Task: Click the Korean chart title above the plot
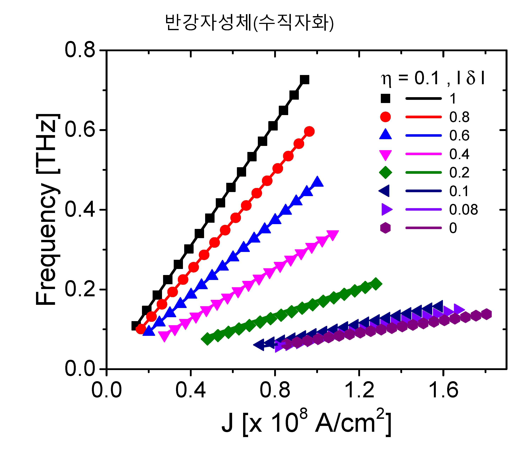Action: click(249, 23)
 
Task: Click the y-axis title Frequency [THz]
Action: click(48, 209)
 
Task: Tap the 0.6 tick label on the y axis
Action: click(80, 130)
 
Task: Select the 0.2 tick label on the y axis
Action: click(80, 289)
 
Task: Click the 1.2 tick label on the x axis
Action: click(359, 390)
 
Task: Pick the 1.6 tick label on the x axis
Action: click(443, 390)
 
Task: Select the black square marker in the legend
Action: click(385, 98)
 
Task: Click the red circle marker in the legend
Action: click(385, 117)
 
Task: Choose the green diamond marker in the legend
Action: click(385, 172)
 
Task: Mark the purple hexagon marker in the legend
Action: click(385, 228)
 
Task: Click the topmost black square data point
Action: click(305, 80)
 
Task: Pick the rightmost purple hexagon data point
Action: click(486, 314)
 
